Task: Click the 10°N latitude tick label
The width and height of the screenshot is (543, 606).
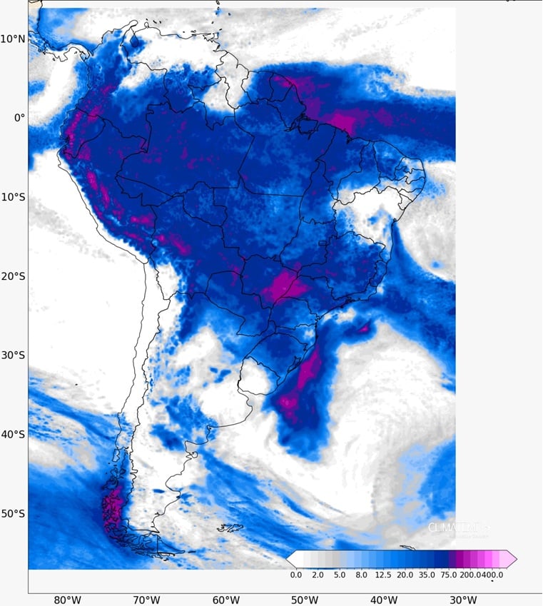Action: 13,39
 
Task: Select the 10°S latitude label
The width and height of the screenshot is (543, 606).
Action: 13,196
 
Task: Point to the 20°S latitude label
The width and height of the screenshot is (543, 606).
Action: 13,276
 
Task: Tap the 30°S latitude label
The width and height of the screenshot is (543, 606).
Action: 13,355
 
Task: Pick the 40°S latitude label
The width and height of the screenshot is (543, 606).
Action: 13,434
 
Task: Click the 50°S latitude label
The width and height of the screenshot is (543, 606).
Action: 13,513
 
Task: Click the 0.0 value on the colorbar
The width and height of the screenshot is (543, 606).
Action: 296,574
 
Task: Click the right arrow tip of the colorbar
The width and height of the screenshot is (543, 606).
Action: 515,558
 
